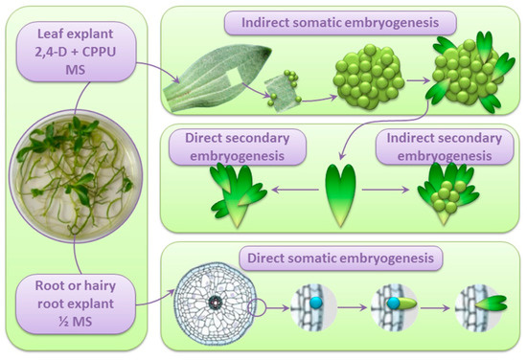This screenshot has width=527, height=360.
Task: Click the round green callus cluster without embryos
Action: point(360,80)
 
